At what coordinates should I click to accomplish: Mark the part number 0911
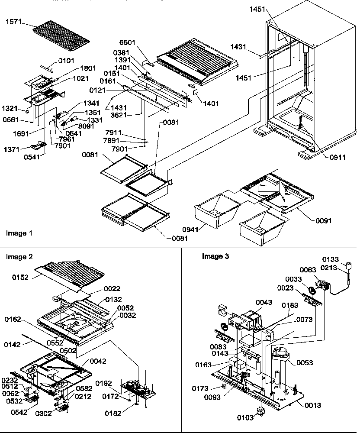click(x=325, y=158)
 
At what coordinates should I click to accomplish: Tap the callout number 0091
click(x=323, y=220)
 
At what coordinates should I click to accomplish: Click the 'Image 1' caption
click(x=19, y=233)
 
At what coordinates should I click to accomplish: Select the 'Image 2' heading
click(x=19, y=257)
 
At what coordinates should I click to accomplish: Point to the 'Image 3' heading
click(x=215, y=256)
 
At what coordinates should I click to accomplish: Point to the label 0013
click(x=312, y=406)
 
